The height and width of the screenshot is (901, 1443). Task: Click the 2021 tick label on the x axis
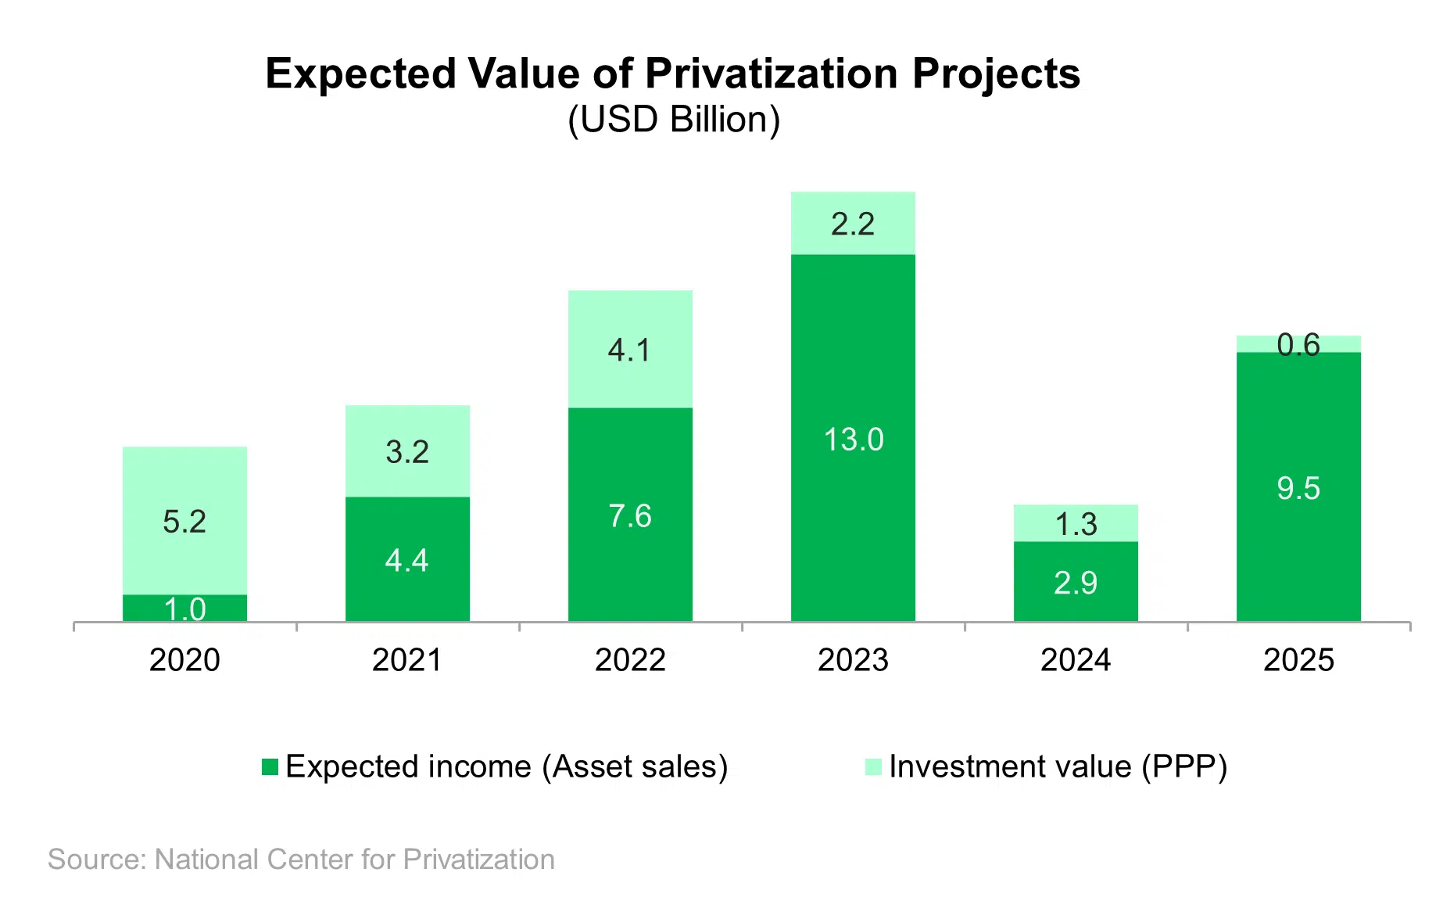coord(407,660)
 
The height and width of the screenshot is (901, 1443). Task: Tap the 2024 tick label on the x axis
coord(1076,660)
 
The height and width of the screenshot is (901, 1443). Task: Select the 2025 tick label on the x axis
coord(1298,660)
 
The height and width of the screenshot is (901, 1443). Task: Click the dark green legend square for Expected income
coord(270,767)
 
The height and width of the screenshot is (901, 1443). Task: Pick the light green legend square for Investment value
coord(873,767)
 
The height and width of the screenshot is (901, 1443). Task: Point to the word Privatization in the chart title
coord(772,74)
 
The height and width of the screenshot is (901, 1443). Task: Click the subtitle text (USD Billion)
coord(674,120)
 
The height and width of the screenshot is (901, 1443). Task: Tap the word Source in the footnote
coord(94,860)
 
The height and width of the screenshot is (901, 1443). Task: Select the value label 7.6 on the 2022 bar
coord(630,516)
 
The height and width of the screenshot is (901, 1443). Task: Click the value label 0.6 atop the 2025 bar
coord(1298,345)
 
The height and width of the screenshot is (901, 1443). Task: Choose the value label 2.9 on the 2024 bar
coord(1076,583)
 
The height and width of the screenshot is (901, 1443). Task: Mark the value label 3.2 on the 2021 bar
coord(407,452)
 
